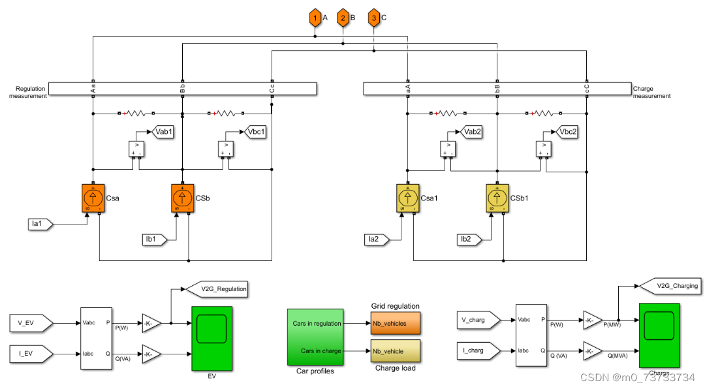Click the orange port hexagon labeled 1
point(315,18)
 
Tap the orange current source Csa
point(93,198)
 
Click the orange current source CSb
point(183,198)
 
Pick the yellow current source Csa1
point(408,198)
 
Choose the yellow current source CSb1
point(497,198)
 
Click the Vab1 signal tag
point(163,132)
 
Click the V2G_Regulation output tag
point(216,288)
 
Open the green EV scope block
point(212,337)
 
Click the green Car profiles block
point(315,337)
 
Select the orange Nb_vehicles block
point(396,323)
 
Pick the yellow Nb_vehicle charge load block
point(396,351)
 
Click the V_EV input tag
point(32,322)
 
